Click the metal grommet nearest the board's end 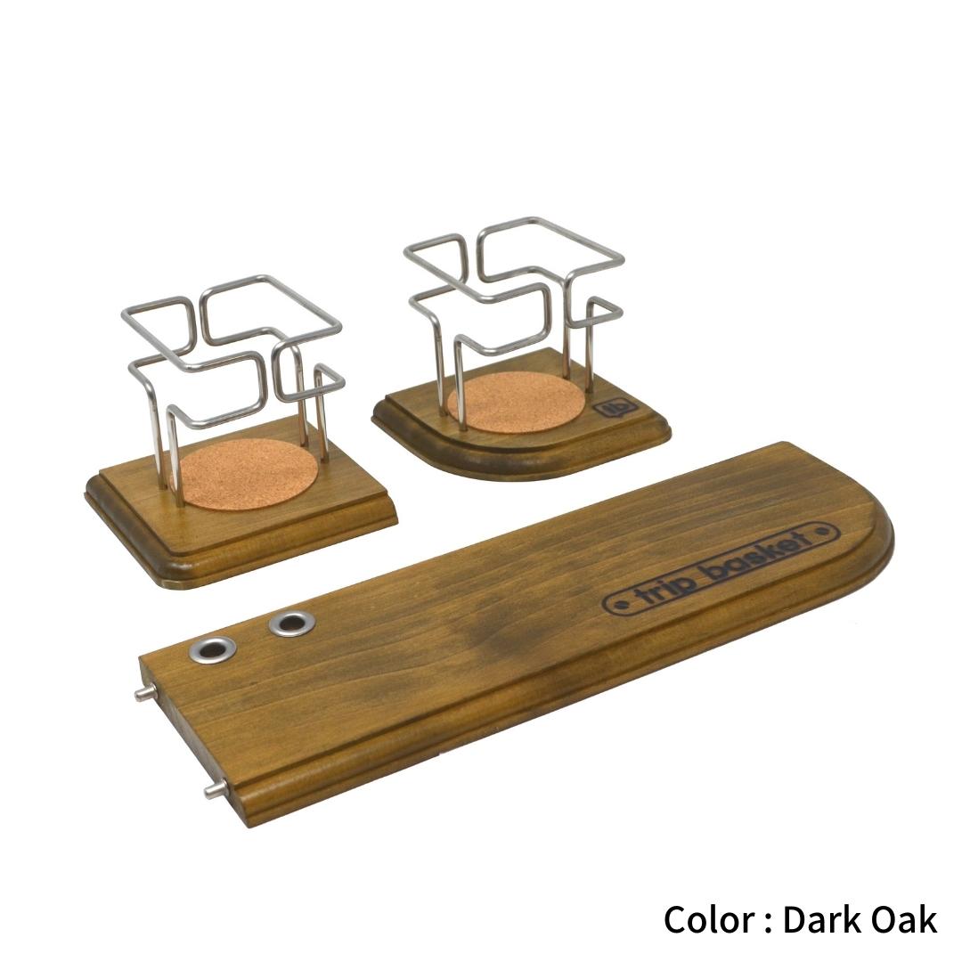tap(212, 648)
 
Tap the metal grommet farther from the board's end tap(292, 624)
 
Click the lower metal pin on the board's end tap(216, 790)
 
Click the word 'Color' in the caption tap(709, 920)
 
